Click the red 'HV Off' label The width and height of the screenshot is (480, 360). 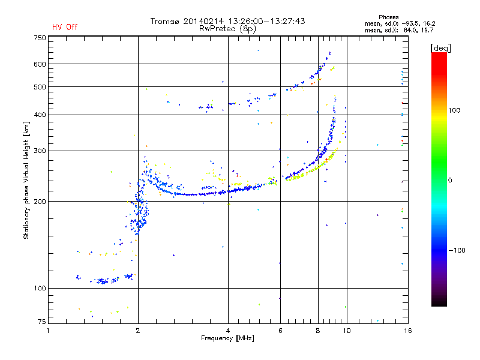65,27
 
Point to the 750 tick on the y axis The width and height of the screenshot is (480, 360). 40,38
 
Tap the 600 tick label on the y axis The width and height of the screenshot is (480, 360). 40,64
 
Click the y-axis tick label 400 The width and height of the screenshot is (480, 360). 40,115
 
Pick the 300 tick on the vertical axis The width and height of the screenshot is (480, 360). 40,151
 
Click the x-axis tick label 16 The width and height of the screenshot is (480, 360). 407,329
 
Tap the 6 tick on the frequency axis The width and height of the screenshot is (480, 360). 280,329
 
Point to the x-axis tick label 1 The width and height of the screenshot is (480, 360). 49,329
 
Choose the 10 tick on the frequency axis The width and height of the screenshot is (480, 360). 346,329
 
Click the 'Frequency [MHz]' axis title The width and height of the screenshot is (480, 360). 227,339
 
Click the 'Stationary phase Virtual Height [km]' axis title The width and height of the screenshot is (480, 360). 26,180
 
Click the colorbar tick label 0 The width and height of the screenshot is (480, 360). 450,181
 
